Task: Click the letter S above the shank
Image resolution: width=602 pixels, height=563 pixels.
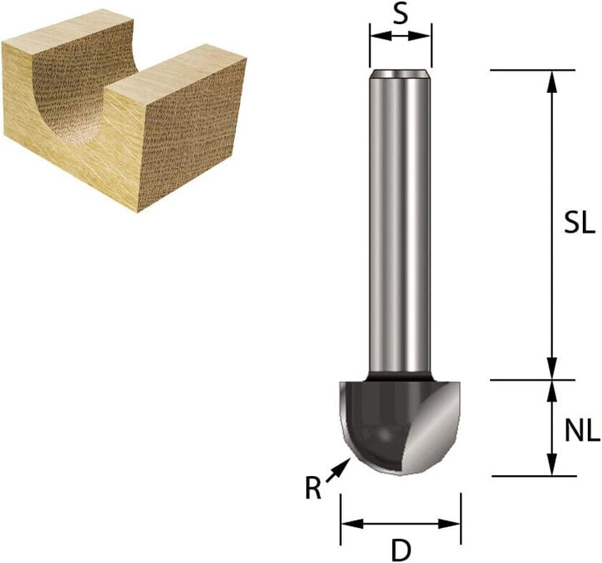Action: pos(400,13)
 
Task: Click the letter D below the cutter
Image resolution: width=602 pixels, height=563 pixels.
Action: pos(400,550)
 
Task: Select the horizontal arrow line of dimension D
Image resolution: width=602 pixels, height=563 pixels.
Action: pos(400,525)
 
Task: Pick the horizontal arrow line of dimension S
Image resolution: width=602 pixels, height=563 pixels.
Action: pos(400,36)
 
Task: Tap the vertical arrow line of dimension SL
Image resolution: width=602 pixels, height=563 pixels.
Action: pos(552,224)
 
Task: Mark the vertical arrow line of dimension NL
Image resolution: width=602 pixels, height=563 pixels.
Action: pos(552,427)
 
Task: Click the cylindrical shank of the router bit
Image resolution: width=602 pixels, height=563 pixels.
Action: pos(400,226)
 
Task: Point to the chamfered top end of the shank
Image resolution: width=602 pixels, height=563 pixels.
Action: pos(400,74)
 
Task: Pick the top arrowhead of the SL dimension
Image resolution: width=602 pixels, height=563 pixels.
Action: pos(552,79)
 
